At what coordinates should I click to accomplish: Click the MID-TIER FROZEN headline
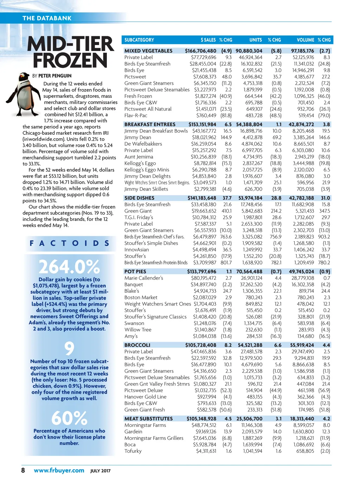70,52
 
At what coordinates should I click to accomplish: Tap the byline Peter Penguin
52,76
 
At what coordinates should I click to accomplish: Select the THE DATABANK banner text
47,18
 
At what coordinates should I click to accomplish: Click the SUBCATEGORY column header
139,40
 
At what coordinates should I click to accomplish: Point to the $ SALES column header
208,40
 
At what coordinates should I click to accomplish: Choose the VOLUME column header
305,40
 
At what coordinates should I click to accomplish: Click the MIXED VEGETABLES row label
148,51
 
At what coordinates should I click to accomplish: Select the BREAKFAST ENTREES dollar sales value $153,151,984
202,125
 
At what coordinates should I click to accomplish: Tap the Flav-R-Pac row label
136,115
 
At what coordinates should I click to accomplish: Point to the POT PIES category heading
135,272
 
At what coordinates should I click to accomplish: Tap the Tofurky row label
133,451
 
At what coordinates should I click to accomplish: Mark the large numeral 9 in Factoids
69,349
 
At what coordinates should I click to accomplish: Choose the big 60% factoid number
69,418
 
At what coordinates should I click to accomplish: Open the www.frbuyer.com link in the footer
59,470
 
